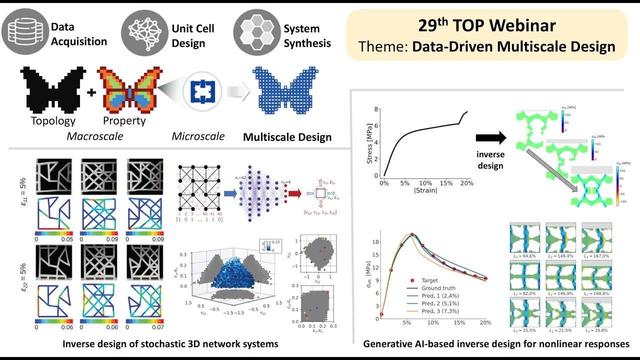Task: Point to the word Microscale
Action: click(198, 136)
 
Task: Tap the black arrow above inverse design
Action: click(491, 138)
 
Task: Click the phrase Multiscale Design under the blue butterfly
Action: click(287, 136)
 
